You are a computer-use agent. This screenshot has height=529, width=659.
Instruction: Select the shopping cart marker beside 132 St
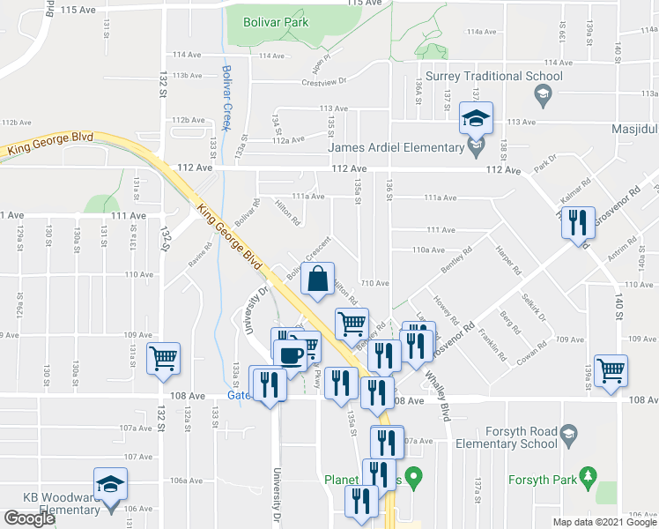point(163,358)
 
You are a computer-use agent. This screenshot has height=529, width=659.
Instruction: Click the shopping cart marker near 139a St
point(611,370)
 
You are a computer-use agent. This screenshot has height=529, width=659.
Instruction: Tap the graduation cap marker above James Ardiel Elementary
point(476,117)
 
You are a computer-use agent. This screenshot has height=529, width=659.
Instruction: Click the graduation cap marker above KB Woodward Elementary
point(110,483)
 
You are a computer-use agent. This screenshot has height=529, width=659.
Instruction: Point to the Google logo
point(29,518)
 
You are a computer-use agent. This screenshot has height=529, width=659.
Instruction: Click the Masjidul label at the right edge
point(633,130)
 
